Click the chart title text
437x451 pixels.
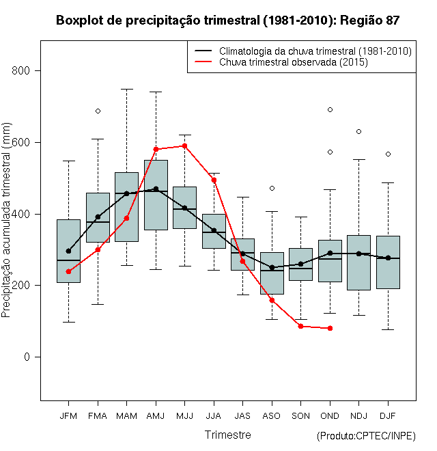227,20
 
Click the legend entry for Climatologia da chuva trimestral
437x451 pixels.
315,51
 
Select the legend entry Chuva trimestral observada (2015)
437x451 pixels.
294,62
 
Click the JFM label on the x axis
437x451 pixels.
68,415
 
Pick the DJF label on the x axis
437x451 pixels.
387,415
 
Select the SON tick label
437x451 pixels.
300,415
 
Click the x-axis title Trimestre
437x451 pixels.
227,435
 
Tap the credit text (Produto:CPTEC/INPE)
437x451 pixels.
366,436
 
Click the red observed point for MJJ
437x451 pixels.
184,146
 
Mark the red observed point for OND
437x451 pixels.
330,328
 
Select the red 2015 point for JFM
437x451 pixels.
68,271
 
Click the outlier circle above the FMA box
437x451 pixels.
98,111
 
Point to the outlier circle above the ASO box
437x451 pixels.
272,188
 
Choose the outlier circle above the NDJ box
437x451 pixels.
358,131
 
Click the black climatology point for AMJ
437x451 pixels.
156,189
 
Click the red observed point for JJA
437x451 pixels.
214,180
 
